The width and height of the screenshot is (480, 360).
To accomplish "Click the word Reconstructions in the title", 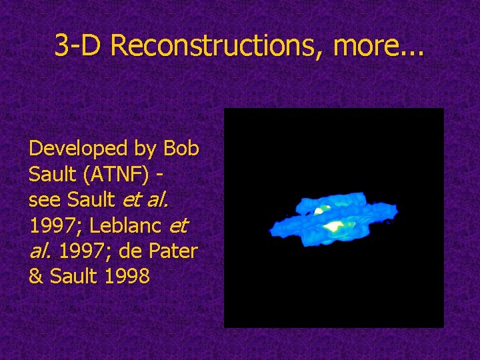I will (219, 46).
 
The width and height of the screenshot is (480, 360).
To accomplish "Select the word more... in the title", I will (378, 46).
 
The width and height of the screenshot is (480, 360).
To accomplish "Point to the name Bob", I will (181, 148).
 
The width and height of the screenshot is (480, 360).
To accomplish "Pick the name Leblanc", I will (125, 226).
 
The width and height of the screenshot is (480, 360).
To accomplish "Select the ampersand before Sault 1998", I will (35, 277).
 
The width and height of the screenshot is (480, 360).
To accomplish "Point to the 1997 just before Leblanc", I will (53, 226).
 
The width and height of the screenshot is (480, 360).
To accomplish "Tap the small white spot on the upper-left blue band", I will (319, 211).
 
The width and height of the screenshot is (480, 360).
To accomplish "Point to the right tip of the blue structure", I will (397, 212).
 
